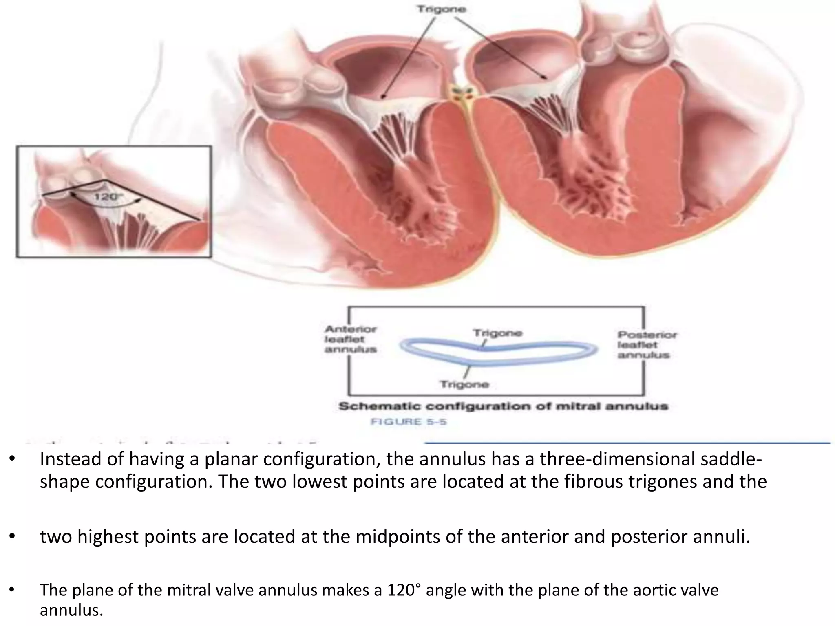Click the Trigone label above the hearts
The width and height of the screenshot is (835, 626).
click(x=441, y=9)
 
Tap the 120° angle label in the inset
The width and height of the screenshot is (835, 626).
click(x=107, y=197)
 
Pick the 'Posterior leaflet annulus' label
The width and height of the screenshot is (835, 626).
click(x=646, y=345)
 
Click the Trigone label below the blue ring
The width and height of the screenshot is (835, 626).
click(x=464, y=384)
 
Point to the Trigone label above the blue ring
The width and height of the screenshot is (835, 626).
click(x=497, y=333)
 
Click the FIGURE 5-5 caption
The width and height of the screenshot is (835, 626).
click(x=408, y=421)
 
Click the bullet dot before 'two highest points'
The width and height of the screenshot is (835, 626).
click(x=13, y=537)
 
